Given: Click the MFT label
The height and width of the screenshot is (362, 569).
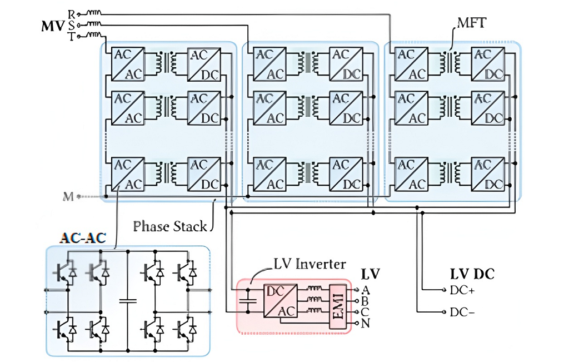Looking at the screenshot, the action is click(471, 23).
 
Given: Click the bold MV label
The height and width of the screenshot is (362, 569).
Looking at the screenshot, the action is click(53, 26).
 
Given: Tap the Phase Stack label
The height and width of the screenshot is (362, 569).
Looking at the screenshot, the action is click(169, 226).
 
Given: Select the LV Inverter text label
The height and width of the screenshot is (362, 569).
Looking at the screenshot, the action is click(310, 264).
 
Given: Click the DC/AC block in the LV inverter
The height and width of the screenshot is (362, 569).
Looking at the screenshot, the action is click(280, 301).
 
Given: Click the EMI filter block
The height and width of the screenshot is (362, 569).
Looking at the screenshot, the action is click(338, 307).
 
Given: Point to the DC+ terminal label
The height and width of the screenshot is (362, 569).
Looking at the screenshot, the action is click(462, 290).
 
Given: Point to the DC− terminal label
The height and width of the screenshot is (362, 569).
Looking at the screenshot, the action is click(462, 312).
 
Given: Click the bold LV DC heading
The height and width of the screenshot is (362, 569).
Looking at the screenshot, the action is click(472, 274).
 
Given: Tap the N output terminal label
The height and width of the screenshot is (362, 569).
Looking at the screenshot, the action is click(366, 323).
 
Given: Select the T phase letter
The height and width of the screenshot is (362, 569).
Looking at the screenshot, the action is click(72, 36).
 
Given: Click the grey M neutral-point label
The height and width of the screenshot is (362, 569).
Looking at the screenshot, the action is click(68, 197).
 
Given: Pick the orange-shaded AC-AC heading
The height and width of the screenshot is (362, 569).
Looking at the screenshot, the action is click(83, 238).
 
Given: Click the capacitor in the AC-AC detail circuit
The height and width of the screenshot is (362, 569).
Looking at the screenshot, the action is click(128, 301).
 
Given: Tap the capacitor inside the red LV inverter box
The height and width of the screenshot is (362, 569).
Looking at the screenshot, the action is click(248, 301).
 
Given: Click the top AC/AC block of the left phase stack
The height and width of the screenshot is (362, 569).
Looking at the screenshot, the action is click(128, 64).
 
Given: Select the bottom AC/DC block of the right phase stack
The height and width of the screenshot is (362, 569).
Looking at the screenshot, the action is click(488, 174).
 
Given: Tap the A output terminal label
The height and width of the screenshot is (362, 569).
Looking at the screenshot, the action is click(366, 290).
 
